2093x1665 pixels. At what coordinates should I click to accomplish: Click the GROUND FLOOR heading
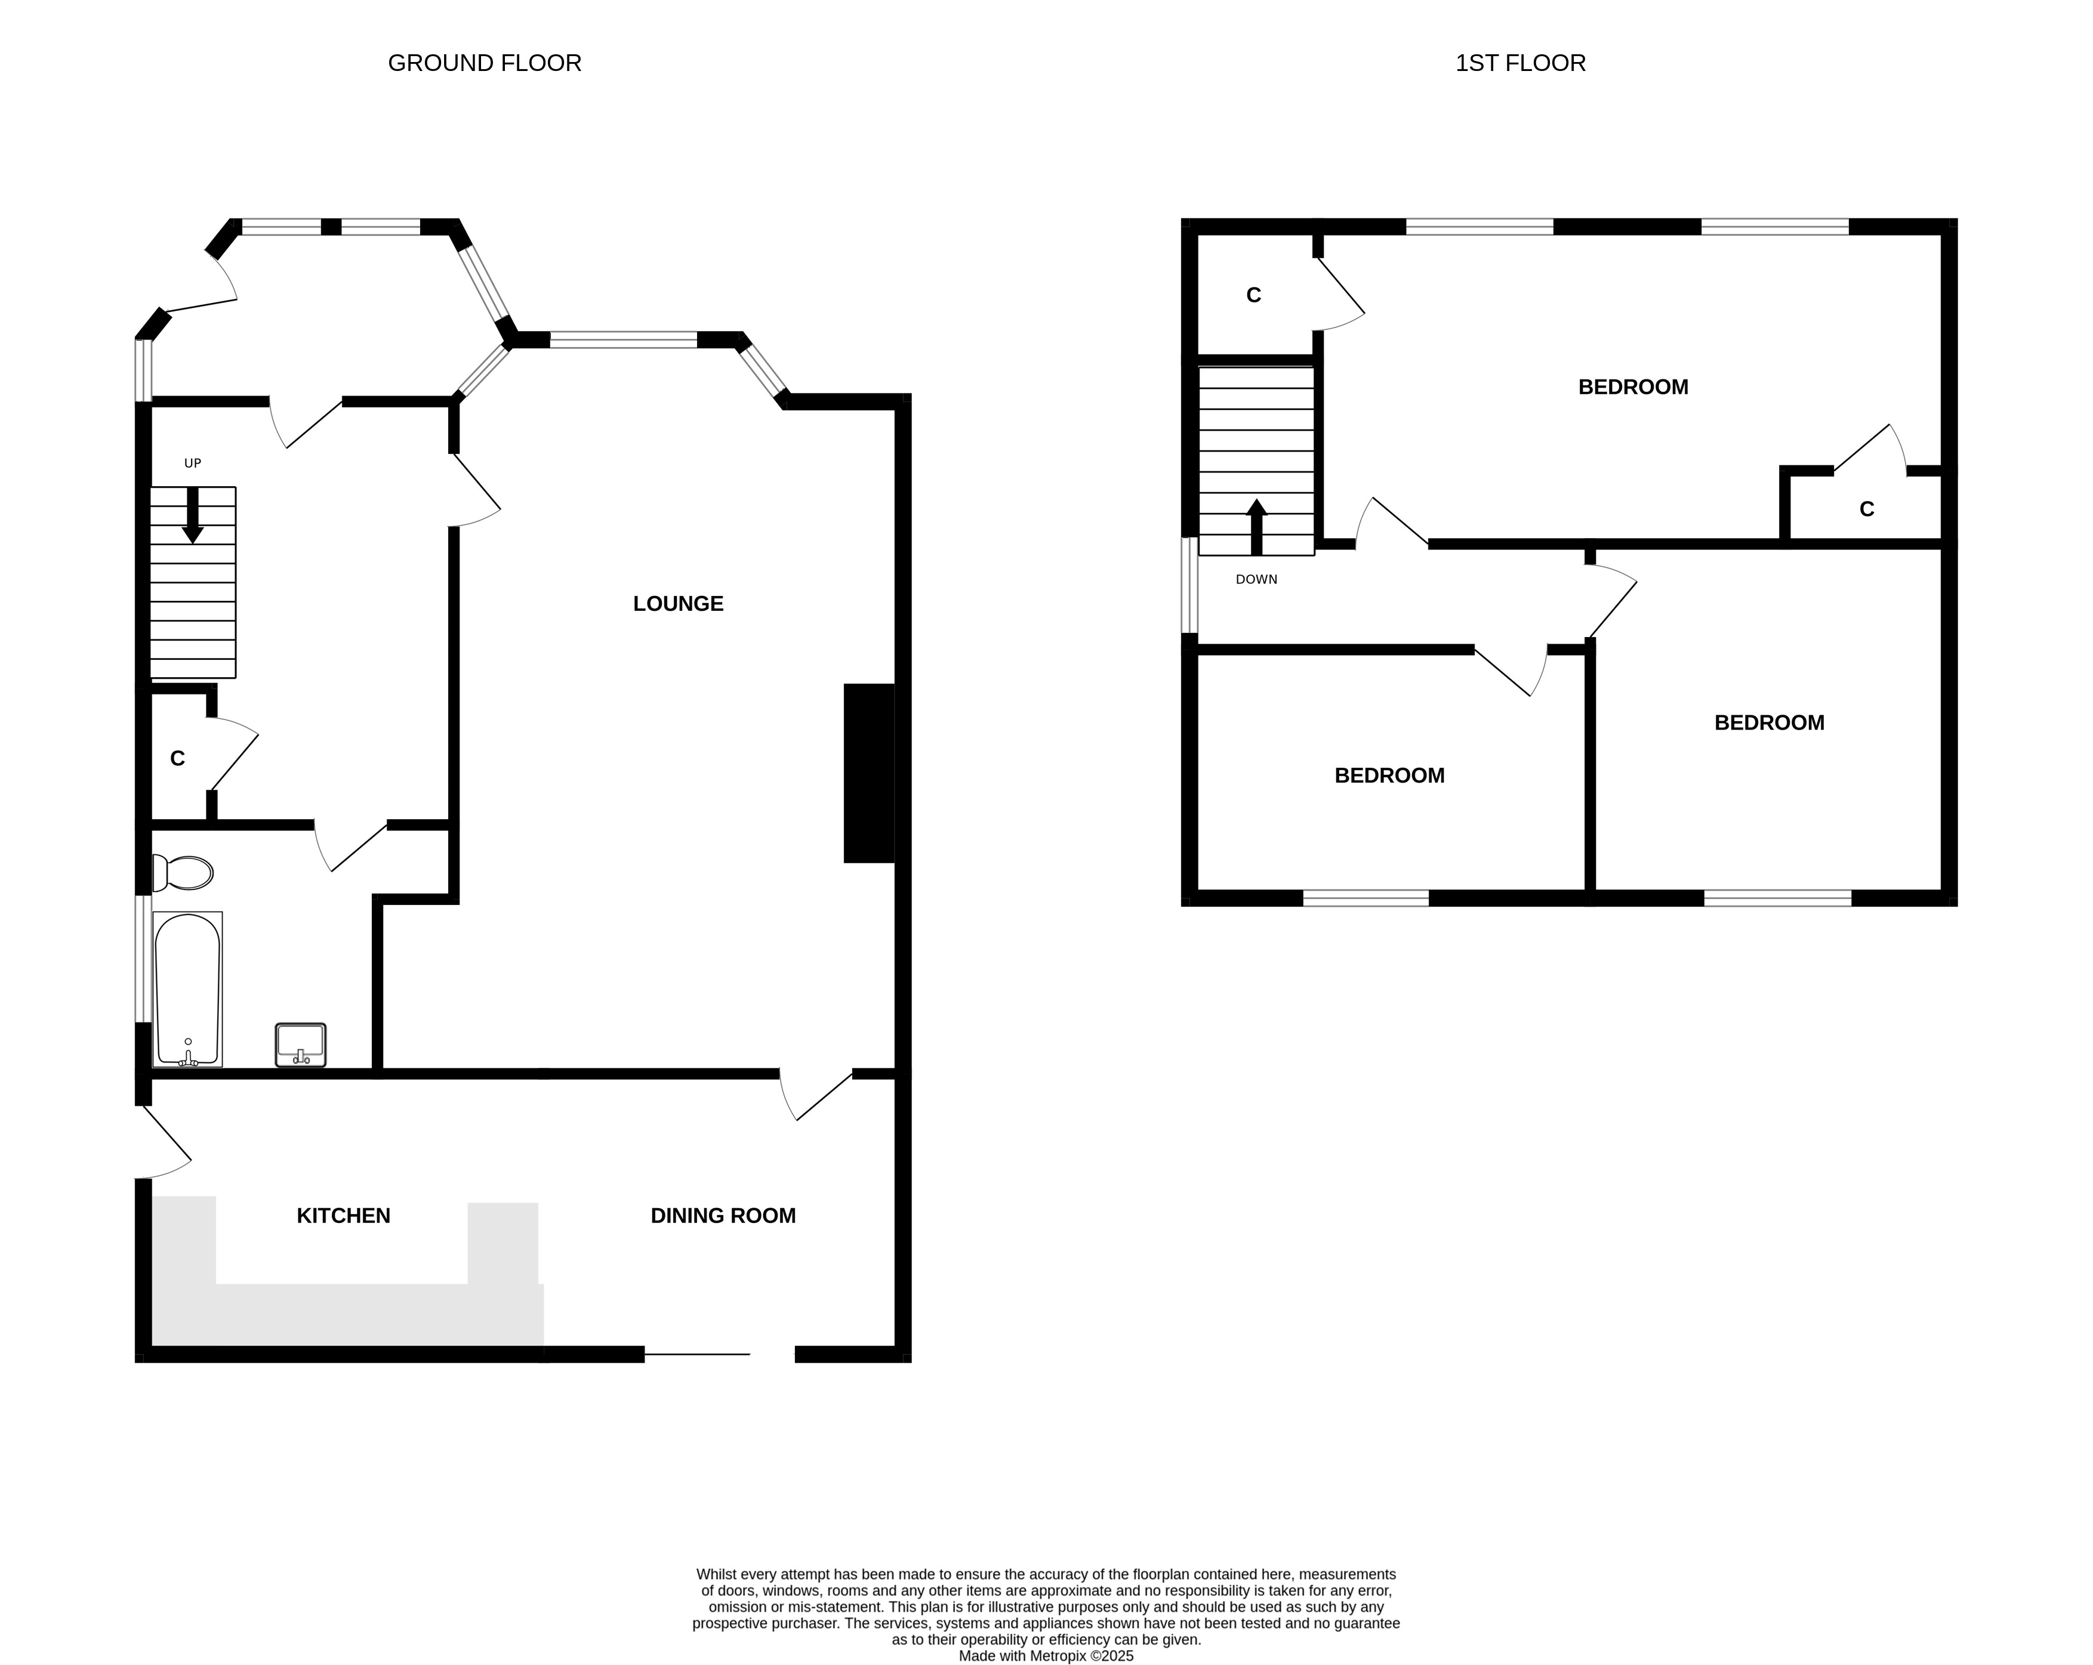pyautogui.click(x=485, y=63)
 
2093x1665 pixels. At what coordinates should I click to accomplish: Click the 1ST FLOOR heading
pyautogui.click(x=1520, y=63)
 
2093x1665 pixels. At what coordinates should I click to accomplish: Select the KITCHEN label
pyautogui.click(x=344, y=1216)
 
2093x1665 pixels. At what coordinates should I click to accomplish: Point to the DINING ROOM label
pyautogui.click(x=723, y=1216)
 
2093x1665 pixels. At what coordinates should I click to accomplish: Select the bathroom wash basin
pyautogui.click(x=300, y=1045)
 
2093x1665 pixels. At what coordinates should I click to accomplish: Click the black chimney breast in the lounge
pyautogui.click(x=869, y=773)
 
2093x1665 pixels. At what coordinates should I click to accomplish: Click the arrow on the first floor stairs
pyautogui.click(x=1256, y=527)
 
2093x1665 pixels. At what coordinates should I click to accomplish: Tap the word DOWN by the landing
pyautogui.click(x=1256, y=579)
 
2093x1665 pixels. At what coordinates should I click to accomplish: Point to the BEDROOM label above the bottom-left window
pyautogui.click(x=1390, y=776)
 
